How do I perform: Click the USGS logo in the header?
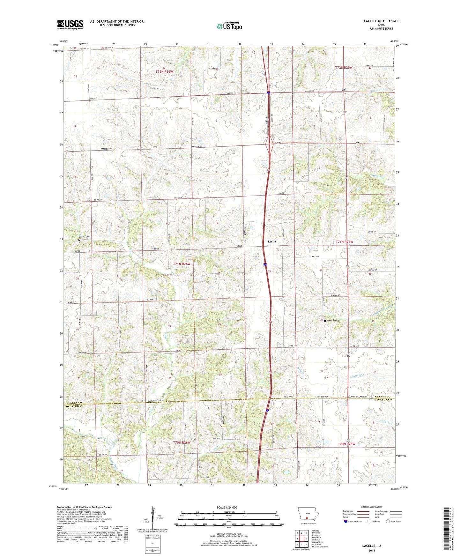click(x=70, y=25)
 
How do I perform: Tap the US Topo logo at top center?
click(x=229, y=26)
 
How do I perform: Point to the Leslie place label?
click(x=271, y=241)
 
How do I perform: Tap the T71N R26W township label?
click(x=182, y=264)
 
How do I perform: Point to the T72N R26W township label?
click(x=164, y=72)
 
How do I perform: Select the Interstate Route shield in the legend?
click(x=346, y=521)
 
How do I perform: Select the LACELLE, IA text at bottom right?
click(x=372, y=546)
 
